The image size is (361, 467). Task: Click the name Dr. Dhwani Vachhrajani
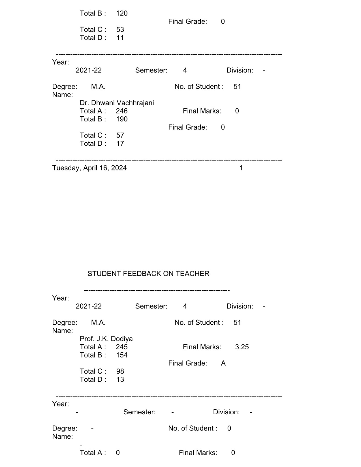[117, 103]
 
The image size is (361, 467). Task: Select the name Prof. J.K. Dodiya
[106, 339]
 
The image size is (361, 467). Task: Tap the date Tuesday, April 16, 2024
[89, 168]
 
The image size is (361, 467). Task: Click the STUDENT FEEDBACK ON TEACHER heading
[148, 274]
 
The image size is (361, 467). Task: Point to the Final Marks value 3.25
[242, 347]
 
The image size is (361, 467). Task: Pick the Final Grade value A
[223, 363]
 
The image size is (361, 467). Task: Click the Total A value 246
[122, 111]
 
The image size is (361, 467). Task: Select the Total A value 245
[122, 347]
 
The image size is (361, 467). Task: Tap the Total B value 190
[122, 119]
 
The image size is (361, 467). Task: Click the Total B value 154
[122, 355]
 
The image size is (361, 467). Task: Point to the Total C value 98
[120, 371]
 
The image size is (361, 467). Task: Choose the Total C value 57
[120, 135]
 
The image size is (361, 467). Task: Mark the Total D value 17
[120, 143]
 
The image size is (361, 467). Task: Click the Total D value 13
[120, 380]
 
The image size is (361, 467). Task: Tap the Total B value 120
[122, 13]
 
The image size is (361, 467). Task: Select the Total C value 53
[120, 30]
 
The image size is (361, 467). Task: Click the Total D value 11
[120, 38]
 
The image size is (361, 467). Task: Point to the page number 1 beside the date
[241, 168]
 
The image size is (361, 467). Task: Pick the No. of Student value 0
[229, 429]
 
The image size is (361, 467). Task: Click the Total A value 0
[118, 453]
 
